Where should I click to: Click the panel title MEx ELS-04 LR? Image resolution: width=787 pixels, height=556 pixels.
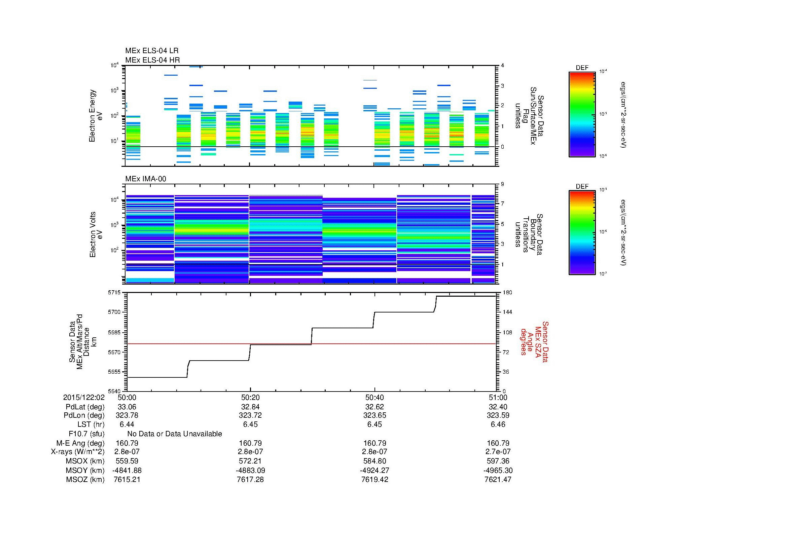(x=151, y=51)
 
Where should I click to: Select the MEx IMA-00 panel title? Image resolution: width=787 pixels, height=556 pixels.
(x=145, y=179)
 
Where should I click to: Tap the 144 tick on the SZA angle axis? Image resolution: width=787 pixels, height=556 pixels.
(x=507, y=312)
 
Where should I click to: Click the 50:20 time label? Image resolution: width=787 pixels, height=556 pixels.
(x=250, y=397)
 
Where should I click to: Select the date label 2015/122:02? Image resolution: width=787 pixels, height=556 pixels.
(x=84, y=397)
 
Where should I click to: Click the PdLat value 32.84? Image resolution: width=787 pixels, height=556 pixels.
(x=250, y=407)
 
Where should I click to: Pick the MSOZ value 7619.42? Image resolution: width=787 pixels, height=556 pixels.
(x=374, y=480)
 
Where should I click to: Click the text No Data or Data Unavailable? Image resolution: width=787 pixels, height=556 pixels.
(x=175, y=434)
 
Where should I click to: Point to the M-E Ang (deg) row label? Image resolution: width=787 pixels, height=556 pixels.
(x=80, y=443)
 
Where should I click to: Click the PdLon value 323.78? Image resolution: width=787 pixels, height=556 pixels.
(x=127, y=415)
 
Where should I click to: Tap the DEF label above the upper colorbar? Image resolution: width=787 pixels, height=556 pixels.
(x=582, y=68)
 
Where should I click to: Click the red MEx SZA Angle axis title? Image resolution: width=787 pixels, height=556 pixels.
(x=534, y=341)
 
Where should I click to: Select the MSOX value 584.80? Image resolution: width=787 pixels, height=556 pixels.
(x=374, y=461)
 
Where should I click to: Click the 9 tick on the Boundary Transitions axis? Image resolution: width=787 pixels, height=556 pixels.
(x=502, y=184)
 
